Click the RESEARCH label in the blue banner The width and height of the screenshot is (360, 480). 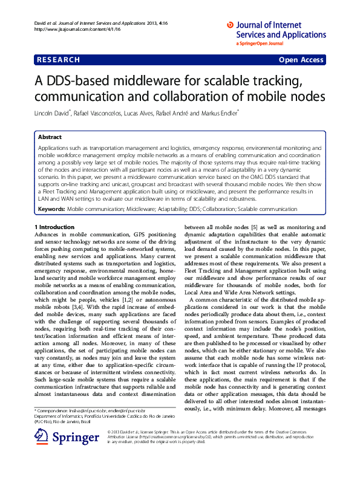[x=58, y=60]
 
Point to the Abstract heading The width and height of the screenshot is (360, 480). [x=50, y=138]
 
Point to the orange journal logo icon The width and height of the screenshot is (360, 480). [x=230, y=25]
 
